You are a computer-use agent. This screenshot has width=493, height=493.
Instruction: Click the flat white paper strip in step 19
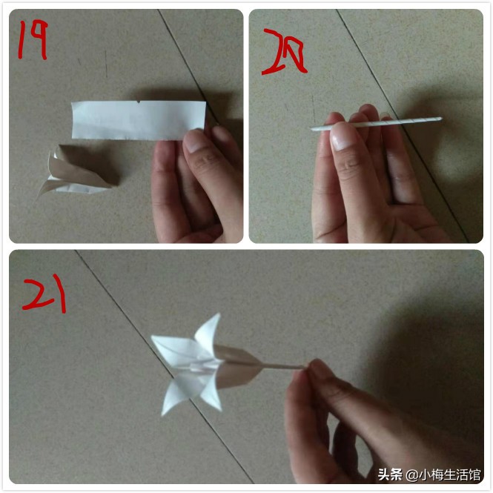[x=137, y=119]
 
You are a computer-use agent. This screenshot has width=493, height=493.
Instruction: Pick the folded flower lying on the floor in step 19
[x=74, y=175]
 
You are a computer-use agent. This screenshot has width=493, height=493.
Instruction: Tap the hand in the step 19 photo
[x=196, y=185]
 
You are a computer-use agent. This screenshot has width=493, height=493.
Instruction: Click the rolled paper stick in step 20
[x=378, y=123]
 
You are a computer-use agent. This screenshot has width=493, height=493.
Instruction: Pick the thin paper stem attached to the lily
[x=282, y=365]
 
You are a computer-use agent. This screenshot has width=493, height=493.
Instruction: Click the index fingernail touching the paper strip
[x=196, y=140]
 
